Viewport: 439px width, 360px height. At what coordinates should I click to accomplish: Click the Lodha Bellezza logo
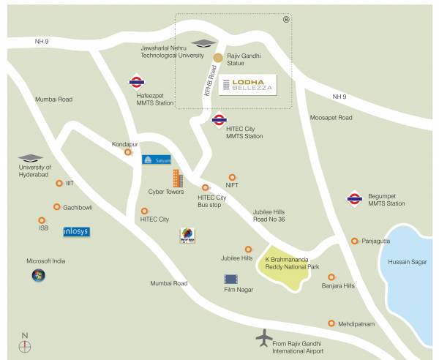click(x=248, y=84)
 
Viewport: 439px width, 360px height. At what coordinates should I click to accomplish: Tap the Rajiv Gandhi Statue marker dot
click(x=217, y=58)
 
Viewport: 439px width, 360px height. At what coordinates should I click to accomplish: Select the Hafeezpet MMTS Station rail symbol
click(x=137, y=81)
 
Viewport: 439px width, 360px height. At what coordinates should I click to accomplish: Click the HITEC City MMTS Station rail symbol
click(x=218, y=120)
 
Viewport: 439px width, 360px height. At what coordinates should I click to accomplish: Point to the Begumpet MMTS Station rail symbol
click(x=354, y=197)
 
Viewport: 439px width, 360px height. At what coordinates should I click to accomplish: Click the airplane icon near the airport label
click(x=263, y=338)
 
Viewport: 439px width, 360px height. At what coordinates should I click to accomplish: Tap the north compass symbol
click(x=25, y=344)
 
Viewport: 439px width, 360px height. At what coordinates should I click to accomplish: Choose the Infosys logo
click(x=76, y=231)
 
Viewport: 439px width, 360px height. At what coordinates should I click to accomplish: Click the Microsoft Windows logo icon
click(x=37, y=275)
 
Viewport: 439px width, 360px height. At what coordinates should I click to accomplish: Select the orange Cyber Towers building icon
click(x=177, y=178)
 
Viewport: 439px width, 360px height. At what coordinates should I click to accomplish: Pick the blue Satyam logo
click(x=157, y=160)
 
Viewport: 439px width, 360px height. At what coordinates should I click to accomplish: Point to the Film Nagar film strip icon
click(x=231, y=279)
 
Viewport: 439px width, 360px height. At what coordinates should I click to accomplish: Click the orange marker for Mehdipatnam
click(x=331, y=323)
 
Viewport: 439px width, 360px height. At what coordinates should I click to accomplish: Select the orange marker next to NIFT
click(x=232, y=177)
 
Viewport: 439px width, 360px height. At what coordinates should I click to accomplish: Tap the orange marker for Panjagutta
click(x=354, y=241)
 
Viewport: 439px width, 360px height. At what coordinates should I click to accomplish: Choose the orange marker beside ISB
click(x=42, y=220)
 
